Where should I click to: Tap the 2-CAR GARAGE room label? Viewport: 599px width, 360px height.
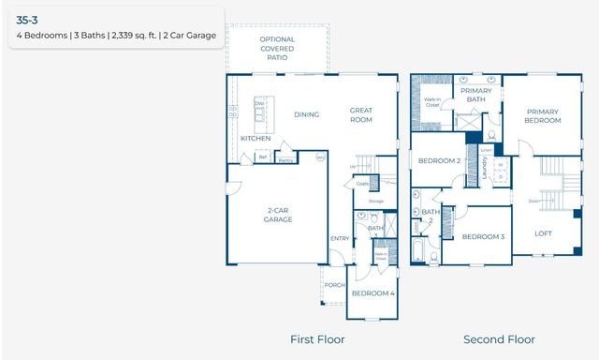[x=278, y=215]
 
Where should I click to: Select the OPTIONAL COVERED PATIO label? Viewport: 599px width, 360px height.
[x=277, y=48]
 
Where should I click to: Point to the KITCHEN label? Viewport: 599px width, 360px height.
[x=256, y=139]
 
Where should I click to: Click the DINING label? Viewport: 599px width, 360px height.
[x=307, y=115]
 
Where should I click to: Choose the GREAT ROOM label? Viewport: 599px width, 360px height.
[x=361, y=114]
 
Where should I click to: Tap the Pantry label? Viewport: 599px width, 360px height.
[x=285, y=159]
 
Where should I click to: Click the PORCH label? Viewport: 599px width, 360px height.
[x=334, y=285]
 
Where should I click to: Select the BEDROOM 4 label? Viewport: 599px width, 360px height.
[x=373, y=293]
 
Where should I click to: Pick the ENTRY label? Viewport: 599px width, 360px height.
[x=339, y=238]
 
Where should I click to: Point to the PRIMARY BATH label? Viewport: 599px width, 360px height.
[x=476, y=94]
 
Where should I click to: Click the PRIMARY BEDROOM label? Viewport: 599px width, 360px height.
[x=543, y=115]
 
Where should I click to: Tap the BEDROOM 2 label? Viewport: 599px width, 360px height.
[x=439, y=161]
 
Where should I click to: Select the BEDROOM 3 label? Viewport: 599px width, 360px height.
[x=483, y=236]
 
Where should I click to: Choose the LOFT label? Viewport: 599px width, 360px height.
[x=544, y=233]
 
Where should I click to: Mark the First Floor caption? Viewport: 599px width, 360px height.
[x=317, y=339]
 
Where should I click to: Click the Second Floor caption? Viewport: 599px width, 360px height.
[x=500, y=339]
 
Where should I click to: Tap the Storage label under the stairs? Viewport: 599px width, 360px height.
[x=376, y=202]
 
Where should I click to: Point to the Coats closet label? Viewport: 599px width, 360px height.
[x=363, y=184]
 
